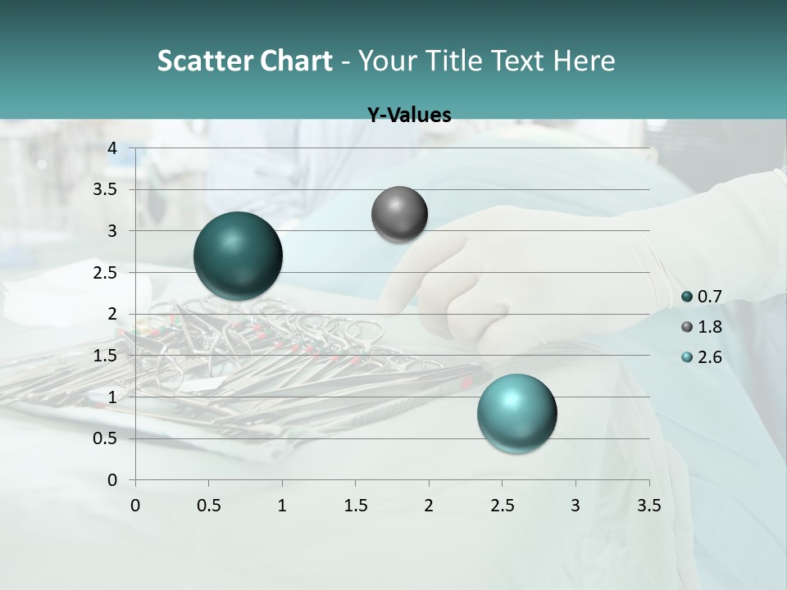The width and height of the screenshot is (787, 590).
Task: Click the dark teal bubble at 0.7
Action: (x=238, y=256)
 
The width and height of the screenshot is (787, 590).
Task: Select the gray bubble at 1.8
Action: (x=399, y=214)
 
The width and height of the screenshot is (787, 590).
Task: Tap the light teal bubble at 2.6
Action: (x=517, y=413)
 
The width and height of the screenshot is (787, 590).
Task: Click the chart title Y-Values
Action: (x=408, y=116)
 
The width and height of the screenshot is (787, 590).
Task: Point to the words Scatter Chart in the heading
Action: (x=244, y=61)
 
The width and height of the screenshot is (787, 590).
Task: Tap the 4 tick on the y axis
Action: (x=112, y=147)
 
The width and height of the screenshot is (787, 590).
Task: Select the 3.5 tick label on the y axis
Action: (x=105, y=189)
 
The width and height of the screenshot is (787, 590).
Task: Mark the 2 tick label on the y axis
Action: (x=112, y=314)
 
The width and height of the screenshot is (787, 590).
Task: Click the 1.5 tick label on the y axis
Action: (x=105, y=356)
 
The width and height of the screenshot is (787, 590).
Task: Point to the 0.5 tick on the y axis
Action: (x=105, y=438)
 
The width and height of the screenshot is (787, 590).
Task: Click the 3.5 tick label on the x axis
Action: (x=648, y=506)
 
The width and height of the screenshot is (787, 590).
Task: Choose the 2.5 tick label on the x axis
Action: (x=502, y=506)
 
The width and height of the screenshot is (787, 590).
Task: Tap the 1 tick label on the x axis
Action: (x=282, y=506)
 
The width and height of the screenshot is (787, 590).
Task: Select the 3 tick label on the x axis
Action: (x=575, y=506)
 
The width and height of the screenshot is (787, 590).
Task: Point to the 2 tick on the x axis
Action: (x=429, y=506)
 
